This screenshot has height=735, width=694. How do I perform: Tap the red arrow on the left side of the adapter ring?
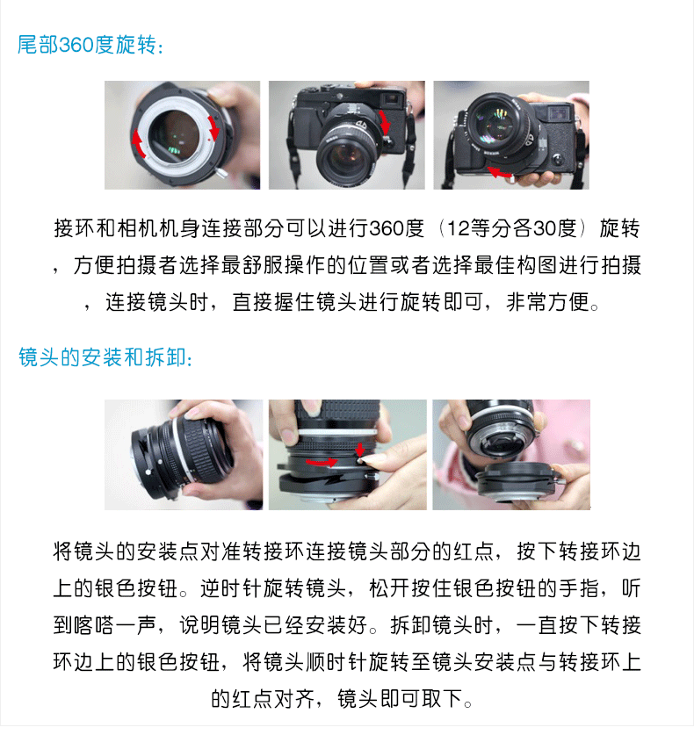138,144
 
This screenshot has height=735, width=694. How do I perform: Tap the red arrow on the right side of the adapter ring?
213,128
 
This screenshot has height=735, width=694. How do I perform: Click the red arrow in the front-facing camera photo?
385,122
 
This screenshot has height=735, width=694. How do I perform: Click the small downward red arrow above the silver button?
359,449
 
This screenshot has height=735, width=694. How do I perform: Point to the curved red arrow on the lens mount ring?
322,463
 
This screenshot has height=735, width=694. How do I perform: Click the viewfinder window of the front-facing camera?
392,98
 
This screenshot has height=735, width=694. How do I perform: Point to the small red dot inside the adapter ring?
208,140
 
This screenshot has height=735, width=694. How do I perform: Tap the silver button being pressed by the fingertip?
361,461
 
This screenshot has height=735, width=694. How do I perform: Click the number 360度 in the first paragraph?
396,228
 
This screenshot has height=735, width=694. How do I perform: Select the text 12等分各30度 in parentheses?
511,228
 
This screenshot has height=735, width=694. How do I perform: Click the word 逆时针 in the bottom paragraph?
232,588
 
